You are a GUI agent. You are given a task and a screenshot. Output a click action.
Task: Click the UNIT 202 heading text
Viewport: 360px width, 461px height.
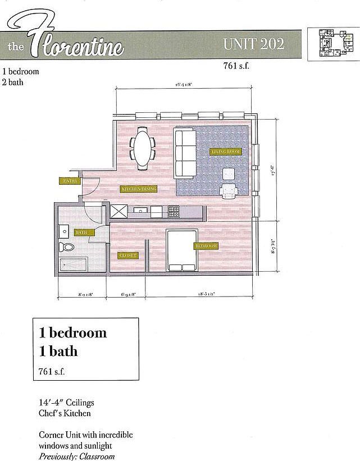(253, 43)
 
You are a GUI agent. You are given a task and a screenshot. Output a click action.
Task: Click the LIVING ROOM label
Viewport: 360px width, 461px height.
(225, 152)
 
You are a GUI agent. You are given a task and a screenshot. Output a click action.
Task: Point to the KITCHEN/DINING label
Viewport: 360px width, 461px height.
(139, 189)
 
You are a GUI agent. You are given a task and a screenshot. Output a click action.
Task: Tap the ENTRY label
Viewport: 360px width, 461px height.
(70, 181)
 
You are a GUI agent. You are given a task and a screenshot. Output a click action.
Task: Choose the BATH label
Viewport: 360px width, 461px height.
(82, 232)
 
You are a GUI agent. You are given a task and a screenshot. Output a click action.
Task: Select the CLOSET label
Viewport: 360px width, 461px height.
(127, 255)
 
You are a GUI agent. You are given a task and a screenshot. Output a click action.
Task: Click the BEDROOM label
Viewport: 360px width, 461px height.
(206, 246)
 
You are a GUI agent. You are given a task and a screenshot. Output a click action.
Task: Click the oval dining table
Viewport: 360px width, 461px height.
(143, 149)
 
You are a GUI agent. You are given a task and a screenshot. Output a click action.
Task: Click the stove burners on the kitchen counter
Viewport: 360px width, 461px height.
(174, 212)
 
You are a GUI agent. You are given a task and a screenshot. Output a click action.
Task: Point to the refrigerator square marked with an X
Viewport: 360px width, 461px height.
(120, 212)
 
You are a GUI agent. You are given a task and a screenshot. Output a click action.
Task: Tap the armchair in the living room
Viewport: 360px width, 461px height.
(229, 191)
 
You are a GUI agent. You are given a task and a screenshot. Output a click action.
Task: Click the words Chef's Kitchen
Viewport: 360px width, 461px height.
(65, 413)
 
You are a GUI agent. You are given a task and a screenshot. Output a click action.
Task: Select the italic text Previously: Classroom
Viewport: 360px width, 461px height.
(76, 456)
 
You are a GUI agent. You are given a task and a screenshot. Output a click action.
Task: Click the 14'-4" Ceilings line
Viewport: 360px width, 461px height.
(66, 403)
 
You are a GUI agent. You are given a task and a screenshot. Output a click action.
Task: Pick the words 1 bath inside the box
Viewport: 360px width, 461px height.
(58, 352)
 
